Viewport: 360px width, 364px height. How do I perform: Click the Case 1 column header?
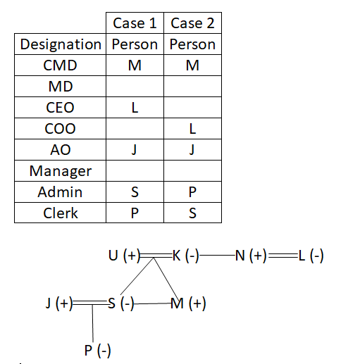[x=135, y=23]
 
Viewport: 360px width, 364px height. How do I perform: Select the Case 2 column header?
[x=192, y=23]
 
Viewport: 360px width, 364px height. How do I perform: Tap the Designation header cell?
[x=61, y=44]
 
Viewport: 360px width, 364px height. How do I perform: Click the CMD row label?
[x=60, y=65]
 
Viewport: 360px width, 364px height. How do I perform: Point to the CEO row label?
[x=60, y=108]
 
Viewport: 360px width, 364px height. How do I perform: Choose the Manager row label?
[x=61, y=171]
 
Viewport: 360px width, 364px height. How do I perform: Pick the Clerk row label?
[x=61, y=213]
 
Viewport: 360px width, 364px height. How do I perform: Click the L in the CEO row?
[x=135, y=108]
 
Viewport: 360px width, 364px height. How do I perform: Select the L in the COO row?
[x=192, y=129]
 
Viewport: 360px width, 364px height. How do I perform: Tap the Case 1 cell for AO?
[x=135, y=150]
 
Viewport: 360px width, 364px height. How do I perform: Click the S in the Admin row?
[x=135, y=192]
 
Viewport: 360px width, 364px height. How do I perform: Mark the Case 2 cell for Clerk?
[x=192, y=213]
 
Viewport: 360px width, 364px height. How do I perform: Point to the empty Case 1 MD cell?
[x=135, y=87]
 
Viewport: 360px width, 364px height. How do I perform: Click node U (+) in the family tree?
[x=125, y=256]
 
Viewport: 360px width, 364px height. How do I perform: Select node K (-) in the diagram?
[x=186, y=256]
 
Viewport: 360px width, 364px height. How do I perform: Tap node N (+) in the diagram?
[x=251, y=256]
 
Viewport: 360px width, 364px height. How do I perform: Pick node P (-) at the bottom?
[x=97, y=351]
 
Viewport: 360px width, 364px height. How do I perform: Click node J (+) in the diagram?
[x=59, y=303]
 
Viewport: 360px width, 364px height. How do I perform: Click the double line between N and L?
[x=283, y=256]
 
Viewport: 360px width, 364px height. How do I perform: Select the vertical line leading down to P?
[x=92, y=323]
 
